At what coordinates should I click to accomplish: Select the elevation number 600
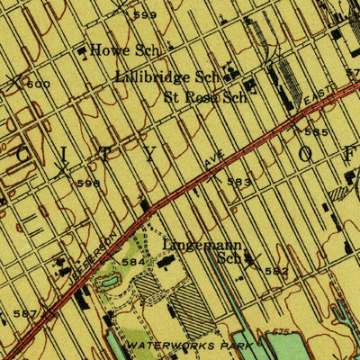(38, 85)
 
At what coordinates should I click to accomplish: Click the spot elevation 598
(88, 183)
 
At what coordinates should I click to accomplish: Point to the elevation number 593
(239, 182)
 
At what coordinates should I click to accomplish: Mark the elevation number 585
(316, 132)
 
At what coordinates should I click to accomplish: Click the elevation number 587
(25, 313)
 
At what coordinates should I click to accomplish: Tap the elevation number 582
(275, 270)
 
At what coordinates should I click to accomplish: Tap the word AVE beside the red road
(212, 161)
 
